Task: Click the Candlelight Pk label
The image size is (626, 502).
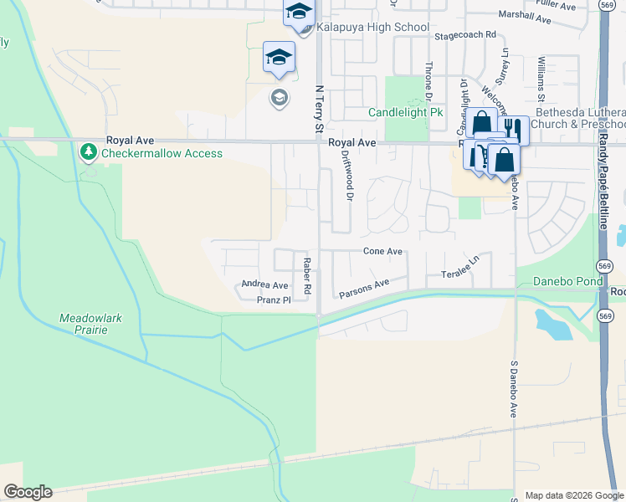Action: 405,112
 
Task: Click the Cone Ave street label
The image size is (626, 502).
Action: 382,251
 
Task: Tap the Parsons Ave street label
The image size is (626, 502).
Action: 364,289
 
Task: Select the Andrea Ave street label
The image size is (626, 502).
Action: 264,285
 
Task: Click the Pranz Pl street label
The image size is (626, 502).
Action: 273,300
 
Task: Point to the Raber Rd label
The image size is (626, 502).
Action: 307,275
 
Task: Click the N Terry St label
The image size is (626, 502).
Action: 318,109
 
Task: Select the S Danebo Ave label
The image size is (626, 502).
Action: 512,390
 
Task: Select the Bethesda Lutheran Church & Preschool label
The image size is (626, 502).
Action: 580,118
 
